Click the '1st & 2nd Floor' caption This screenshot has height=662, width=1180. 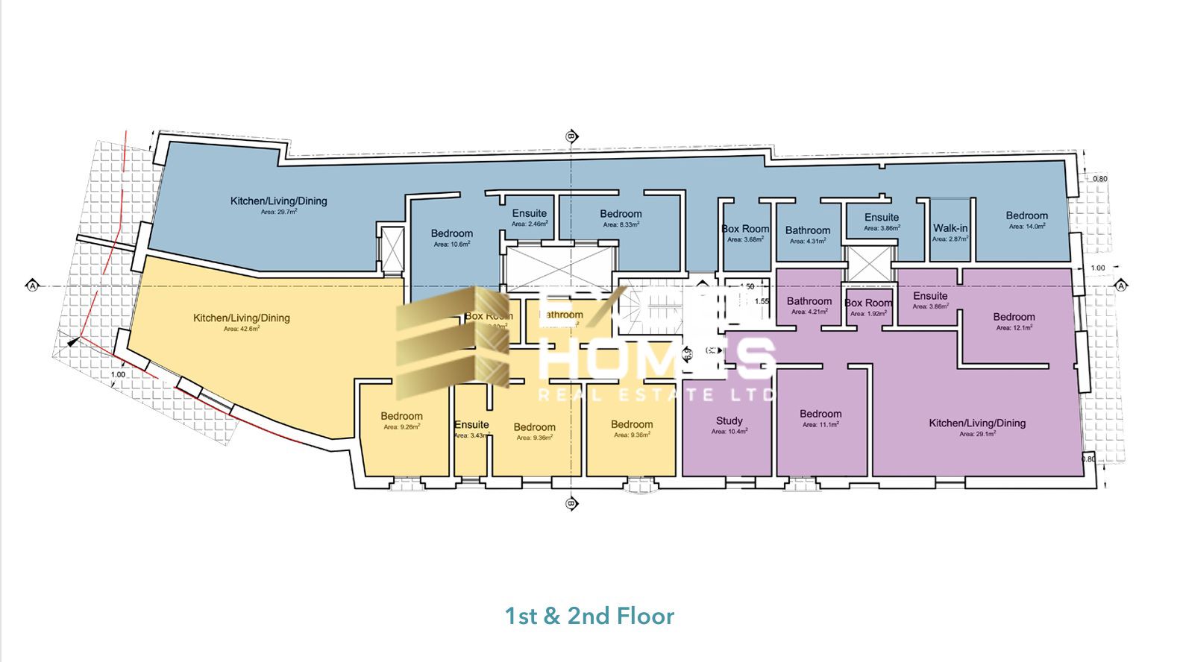pyautogui.click(x=589, y=616)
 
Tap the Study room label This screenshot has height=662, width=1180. pyautogui.click(x=729, y=420)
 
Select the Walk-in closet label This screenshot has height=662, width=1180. pyautogui.click(x=950, y=228)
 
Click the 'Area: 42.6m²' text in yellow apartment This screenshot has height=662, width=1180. pyautogui.click(x=242, y=329)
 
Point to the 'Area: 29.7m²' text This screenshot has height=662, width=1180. pyautogui.click(x=279, y=212)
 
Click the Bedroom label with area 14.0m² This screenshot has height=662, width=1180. pyautogui.click(x=1026, y=215)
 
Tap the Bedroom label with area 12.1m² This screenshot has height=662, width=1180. pyautogui.click(x=1014, y=317)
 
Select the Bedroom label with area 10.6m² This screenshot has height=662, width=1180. pyautogui.click(x=451, y=233)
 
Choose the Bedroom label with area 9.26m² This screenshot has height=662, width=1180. pyautogui.click(x=401, y=416)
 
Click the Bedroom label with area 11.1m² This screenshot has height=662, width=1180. pyautogui.click(x=820, y=414)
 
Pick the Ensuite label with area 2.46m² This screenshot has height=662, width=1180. pyautogui.click(x=529, y=213)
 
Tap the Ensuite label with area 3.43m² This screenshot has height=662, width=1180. pyautogui.click(x=471, y=425)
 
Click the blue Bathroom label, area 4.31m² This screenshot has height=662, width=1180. pyautogui.click(x=807, y=230)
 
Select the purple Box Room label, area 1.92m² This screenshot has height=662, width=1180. pyautogui.click(x=868, y=303)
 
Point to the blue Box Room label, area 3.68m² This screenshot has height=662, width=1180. pyautogui.click(x=744, y=229)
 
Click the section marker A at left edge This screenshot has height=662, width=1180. pyautogui.click(x=32, y=286)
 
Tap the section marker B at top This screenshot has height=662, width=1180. pyautogui.click(x=571, y=136)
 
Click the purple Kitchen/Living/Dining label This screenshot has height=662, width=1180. pyautogui.click(x=977, y=423)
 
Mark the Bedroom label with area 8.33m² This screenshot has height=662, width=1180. pyautogui.click(x=621, y=214)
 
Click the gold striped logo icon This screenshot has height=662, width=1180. pyautogui.click(x=451, y=343)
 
